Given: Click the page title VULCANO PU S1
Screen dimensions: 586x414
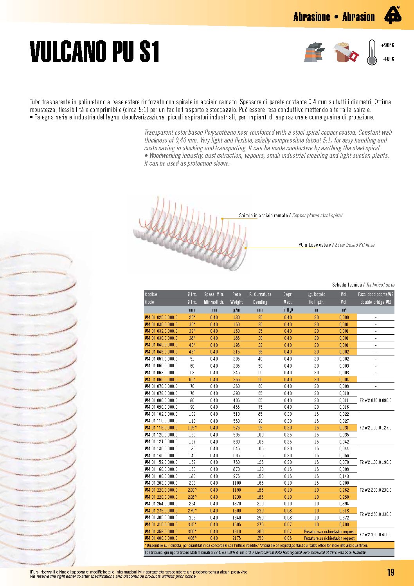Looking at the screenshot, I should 95,51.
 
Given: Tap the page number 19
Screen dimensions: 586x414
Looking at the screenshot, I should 390,572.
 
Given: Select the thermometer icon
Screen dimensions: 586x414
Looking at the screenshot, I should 372,52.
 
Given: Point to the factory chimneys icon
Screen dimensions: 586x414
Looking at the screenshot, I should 314,52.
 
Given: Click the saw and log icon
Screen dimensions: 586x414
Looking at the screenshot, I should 346,52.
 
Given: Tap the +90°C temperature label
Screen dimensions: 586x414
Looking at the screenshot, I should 388,45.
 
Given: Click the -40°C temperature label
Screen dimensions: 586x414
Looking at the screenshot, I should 388,59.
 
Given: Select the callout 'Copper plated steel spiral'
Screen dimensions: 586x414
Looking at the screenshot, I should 290,216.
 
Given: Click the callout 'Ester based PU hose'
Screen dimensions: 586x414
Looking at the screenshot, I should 337,245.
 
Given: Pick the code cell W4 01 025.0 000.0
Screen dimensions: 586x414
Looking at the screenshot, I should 161,317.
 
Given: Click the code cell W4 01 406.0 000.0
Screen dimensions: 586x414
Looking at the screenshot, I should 161,538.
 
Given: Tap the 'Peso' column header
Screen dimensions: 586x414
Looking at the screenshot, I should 236,294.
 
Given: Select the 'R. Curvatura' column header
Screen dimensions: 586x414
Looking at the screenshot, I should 260,294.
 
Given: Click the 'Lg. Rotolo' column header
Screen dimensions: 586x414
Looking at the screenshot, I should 316,294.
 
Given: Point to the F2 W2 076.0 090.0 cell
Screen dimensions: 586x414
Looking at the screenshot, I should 375,400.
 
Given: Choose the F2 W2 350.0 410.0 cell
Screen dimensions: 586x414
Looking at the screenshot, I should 375,535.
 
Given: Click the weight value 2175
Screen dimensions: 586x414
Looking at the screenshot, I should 236,538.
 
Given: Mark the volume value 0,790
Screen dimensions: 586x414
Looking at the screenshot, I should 344,525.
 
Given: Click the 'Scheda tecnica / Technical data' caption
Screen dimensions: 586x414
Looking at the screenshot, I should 363,285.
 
